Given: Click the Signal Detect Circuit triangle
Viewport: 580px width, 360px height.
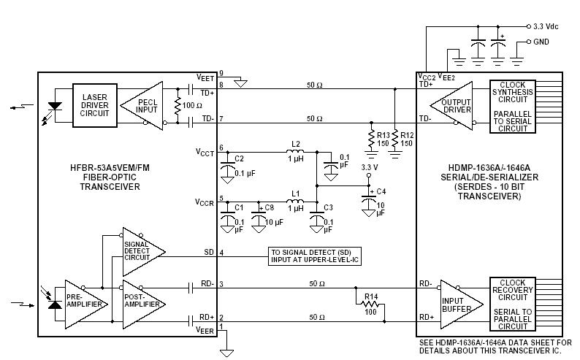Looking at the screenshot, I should (140, 252).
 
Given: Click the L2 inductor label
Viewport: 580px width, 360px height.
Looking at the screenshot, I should (295, 144).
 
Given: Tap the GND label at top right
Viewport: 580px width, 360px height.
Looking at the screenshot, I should (541, 42).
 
